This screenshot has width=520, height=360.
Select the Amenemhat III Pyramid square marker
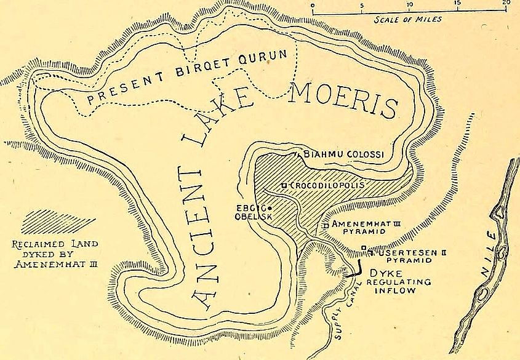pyautogui.click(x=325, y=226)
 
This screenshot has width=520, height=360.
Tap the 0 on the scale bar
pyautogui.click(x=313, y=4)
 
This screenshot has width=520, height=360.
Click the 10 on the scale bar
pyautogui.click(x=409, y=4)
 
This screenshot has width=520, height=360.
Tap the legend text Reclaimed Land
pyautogui.click(x=55, y=244)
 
